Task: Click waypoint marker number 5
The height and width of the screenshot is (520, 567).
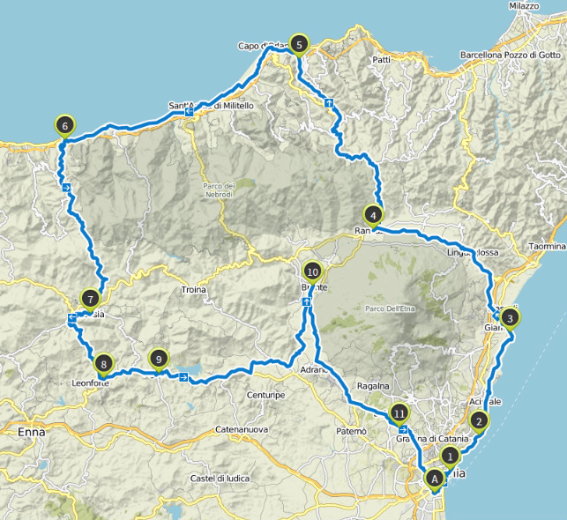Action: point(299,44)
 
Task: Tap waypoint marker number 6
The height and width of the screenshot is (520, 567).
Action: point(64,126)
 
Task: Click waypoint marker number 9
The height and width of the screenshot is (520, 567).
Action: point(158,359)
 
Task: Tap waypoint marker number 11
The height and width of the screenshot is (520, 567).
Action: point(399,412)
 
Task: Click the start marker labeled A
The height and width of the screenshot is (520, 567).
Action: point(434,478)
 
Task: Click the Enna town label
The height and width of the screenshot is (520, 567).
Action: point(31,432)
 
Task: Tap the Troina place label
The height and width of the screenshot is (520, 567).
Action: point(193,290)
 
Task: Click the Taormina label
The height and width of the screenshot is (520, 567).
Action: point(547,247)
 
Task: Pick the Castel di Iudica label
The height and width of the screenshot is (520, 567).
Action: point(215,479)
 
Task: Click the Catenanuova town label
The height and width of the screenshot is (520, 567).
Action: point(241,429)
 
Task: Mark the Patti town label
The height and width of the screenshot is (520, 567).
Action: point(381,60)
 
